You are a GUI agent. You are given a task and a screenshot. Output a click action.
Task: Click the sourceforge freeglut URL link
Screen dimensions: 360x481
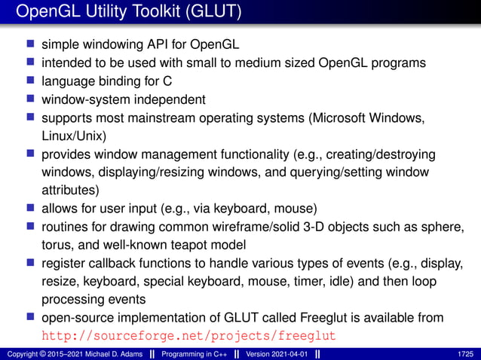tap(188, 334)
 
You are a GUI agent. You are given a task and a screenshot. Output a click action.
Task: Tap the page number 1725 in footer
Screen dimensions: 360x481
tap(465, 353)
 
